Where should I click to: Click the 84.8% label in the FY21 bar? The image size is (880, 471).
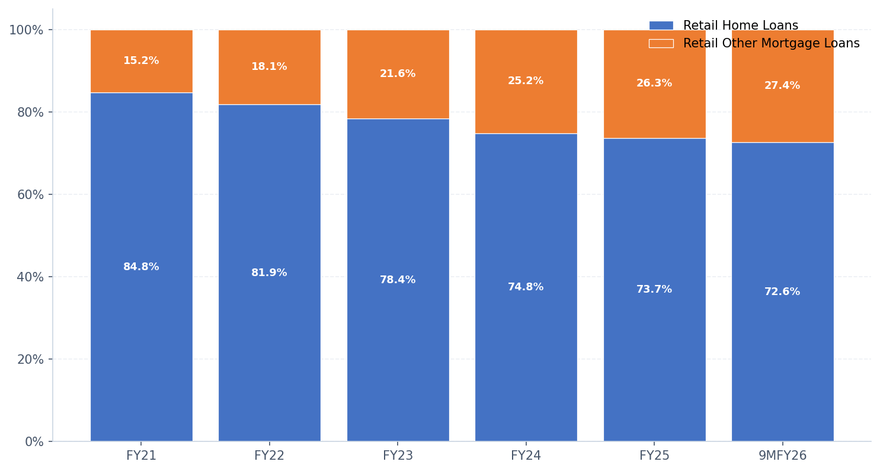point(141,267)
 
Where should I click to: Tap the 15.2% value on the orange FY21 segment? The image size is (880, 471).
point(141,61)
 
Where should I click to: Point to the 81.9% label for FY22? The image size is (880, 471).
point(269,273)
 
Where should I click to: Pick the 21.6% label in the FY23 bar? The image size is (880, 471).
point(398,74)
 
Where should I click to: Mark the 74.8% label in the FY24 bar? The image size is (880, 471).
point(526,287)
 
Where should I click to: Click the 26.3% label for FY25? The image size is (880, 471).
point(654,84)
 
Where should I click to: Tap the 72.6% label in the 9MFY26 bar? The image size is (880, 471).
point(782,292)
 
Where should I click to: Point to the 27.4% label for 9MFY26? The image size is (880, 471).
point(782,86)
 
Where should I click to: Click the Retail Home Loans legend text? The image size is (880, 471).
point(741,26)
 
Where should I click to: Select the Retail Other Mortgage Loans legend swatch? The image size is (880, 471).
point(661,44)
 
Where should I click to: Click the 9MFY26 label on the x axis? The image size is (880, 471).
point(782,456)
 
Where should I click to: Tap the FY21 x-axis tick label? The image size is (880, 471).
point(141,456)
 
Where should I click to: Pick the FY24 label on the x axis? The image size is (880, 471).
point(526,456)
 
